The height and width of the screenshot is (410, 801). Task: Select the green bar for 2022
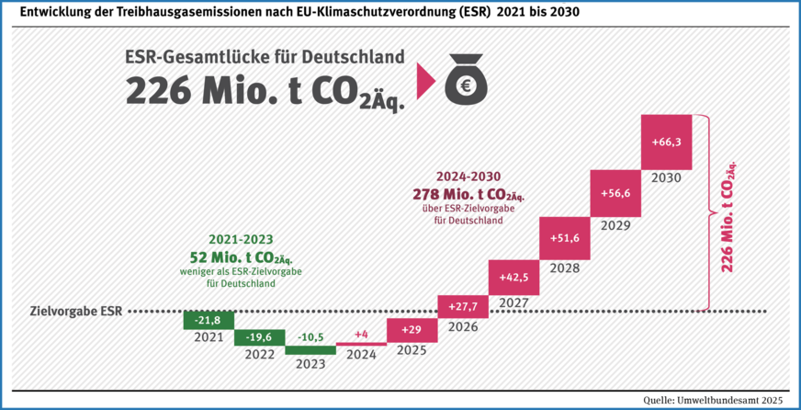[259, 336]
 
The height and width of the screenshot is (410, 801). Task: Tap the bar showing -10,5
[310, 349]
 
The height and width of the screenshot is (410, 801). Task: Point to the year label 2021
[209, 337]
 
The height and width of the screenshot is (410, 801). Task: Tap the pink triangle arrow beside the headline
[424, 81]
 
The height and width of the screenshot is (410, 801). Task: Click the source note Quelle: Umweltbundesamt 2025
[713, 398]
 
